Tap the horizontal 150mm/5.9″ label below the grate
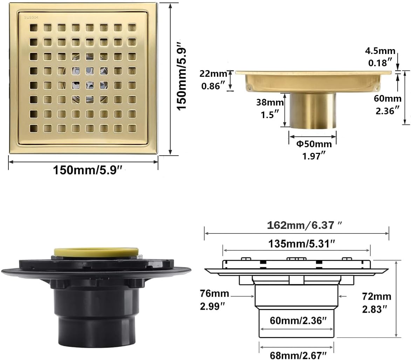click(88, 170)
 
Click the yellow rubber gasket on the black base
click(96, 252)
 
